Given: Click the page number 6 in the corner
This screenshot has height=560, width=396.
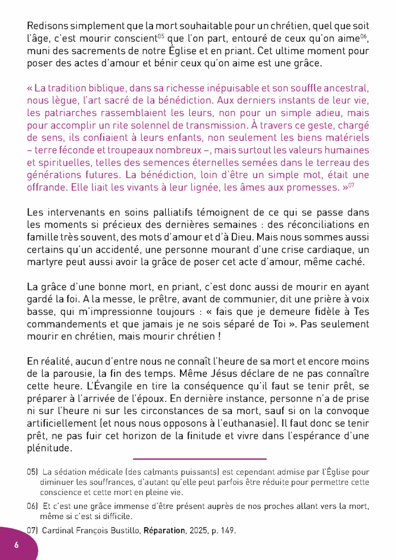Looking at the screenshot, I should [x=16, y=545].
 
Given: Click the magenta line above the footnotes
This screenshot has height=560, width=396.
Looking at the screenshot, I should [x=199, y=459].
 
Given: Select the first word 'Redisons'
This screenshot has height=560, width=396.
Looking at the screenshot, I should [x=48, y=26].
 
